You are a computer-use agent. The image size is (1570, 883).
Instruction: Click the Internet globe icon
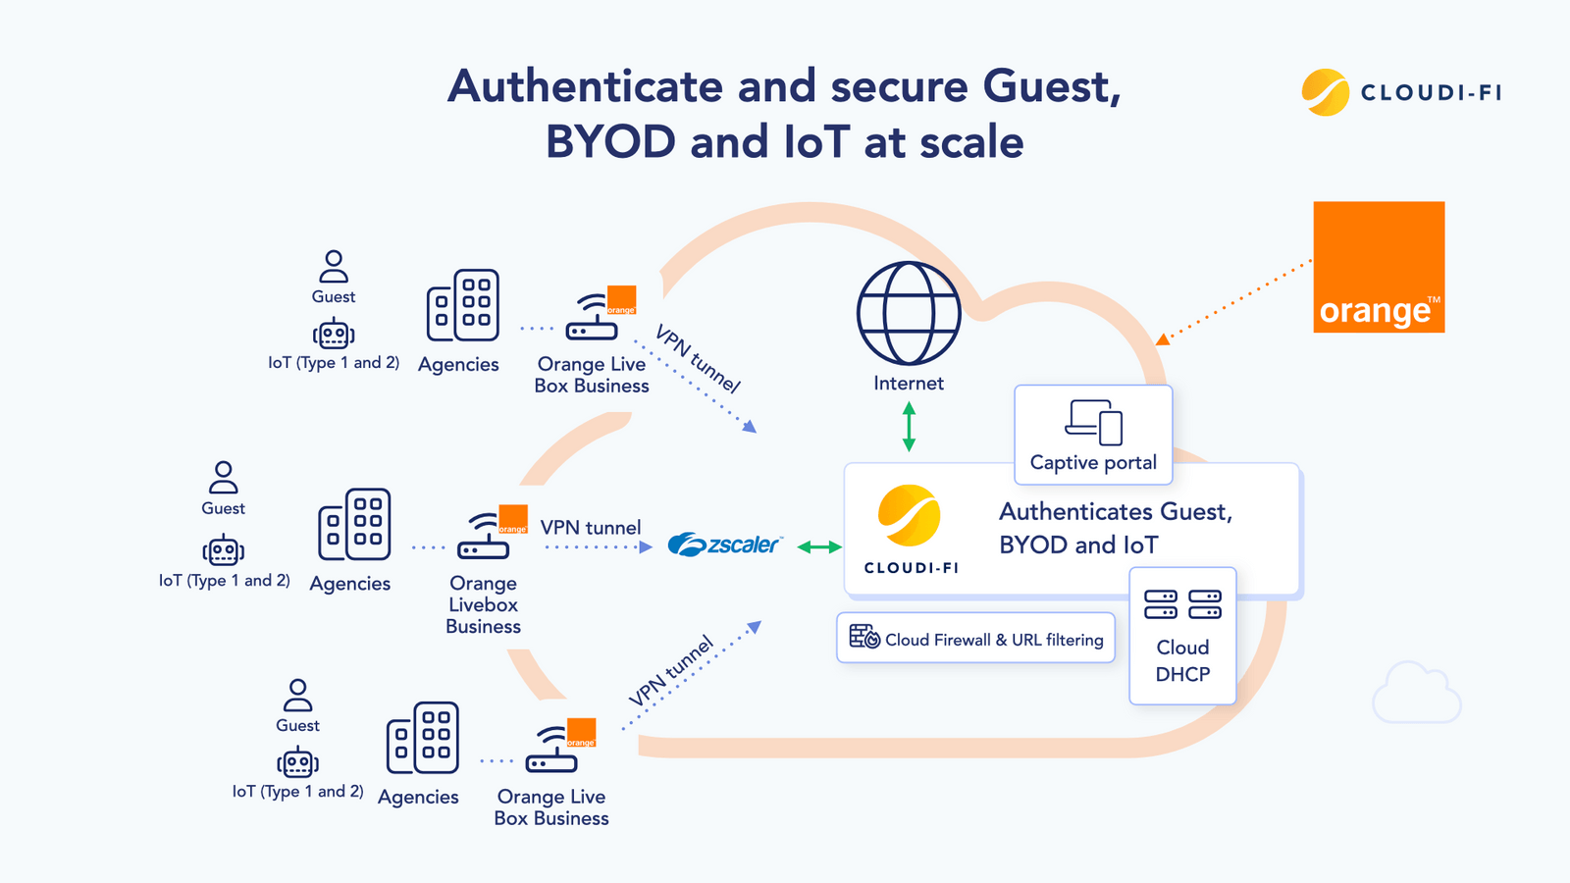tap(909, 314)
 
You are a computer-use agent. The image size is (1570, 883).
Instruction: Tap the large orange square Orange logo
tap(1379, 267)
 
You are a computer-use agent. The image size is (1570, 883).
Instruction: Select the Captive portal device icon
tap(1094, 422)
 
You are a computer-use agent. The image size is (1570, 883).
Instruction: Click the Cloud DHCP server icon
tap(1182, 604)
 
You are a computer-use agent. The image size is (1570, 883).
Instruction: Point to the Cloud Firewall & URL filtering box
tap(976, 639)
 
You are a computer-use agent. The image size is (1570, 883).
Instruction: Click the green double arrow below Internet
tap(909, 427)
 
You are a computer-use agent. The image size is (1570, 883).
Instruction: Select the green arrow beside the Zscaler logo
tap(819, 546)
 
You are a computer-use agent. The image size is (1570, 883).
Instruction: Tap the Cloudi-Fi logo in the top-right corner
tap(1401, 92)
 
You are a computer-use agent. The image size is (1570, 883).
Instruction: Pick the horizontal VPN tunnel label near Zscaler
tap(591, 528)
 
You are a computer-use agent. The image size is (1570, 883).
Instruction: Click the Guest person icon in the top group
tap(334, 266)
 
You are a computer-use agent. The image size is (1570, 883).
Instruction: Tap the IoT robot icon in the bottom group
tap(297, 762)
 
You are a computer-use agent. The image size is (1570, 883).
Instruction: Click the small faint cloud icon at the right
tap(1416, 694)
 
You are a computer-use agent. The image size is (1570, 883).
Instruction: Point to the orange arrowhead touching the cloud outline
tap(1163, 339)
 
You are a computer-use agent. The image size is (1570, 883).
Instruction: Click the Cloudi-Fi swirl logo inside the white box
tap(910, 516)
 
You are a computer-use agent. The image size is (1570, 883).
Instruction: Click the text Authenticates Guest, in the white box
tap(1115, 512)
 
